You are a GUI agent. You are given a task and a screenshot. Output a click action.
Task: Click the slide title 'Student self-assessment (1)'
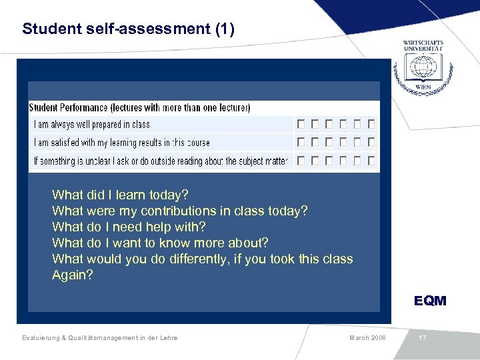128,29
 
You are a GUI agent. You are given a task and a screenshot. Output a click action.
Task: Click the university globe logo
423,67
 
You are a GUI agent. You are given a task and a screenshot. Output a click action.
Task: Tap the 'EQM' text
430,301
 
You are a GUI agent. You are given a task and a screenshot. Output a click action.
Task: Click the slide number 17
422,338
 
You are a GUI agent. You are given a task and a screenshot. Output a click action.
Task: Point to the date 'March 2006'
367,338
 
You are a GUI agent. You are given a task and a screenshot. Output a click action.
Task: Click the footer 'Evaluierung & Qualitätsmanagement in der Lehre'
99,338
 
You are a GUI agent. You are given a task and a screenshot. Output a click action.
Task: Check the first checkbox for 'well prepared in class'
301,124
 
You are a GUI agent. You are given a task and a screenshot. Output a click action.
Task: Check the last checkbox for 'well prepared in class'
371,124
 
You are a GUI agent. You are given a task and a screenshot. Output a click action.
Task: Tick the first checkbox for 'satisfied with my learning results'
301,142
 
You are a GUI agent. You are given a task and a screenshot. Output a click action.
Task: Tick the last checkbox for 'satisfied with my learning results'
371,142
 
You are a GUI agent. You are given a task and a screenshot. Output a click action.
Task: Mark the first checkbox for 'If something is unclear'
301,161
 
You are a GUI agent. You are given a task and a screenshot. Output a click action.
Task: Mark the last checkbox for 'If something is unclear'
371,161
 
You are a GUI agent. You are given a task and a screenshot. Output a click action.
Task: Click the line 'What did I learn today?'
120,195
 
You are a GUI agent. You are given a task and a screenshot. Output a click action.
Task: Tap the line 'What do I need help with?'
129,227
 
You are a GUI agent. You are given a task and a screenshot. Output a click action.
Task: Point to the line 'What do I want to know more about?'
160,243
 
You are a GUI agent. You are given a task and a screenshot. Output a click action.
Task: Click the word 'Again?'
73,275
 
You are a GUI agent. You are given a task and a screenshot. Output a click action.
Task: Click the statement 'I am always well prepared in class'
92,125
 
